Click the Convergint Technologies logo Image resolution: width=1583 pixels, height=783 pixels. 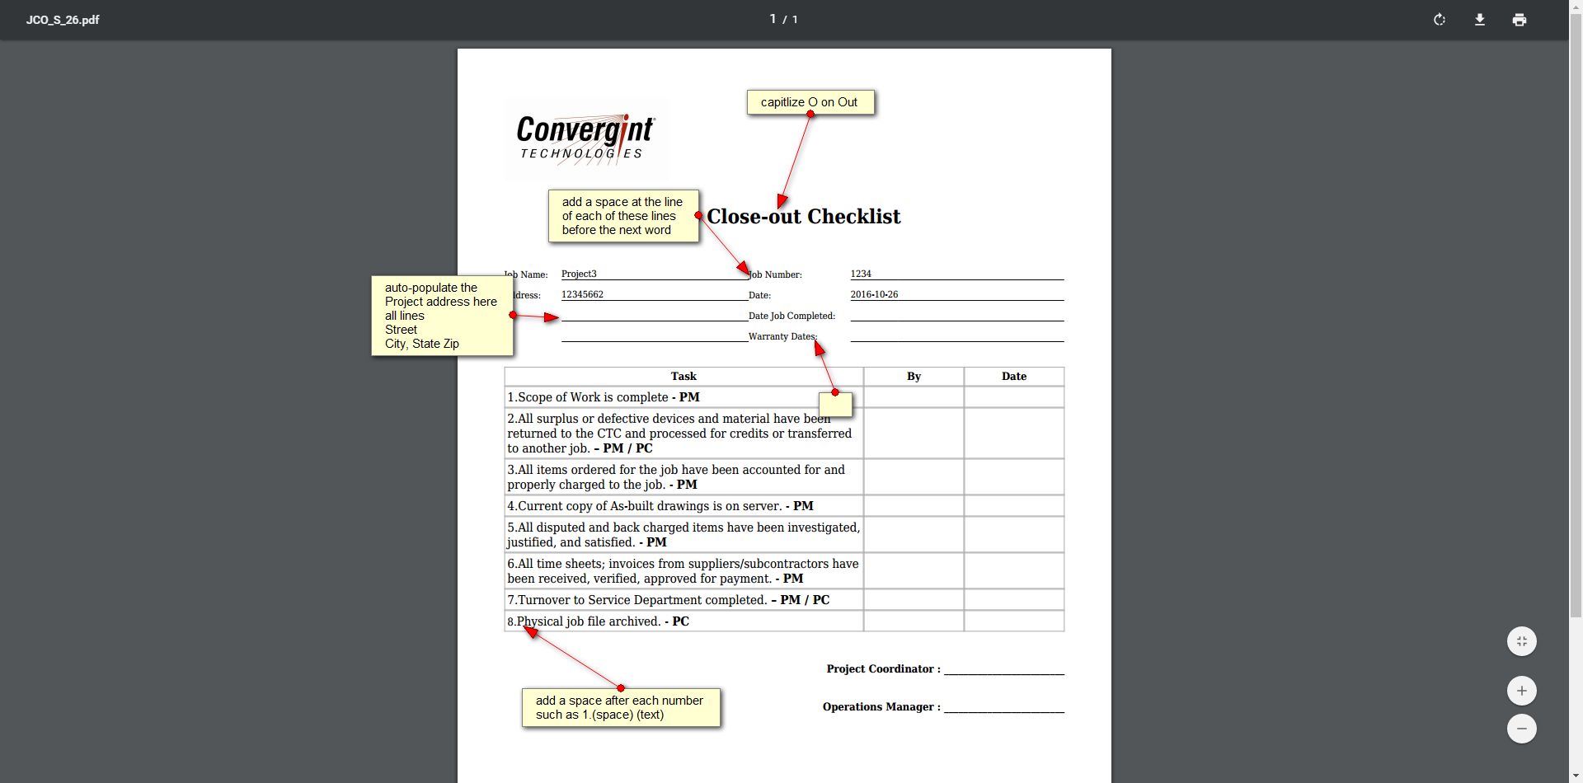tap(585, 138)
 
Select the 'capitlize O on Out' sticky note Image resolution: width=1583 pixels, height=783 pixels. tap(810, 102)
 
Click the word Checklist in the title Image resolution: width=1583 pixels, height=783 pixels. tap(853, 217)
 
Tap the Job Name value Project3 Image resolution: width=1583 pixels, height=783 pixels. tap(579, 274)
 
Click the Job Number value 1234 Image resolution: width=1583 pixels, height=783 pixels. tap(861, 274)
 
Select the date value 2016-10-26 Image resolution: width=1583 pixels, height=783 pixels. tap(874, 294)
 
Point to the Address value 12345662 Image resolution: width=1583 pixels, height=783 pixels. tap(582, 294)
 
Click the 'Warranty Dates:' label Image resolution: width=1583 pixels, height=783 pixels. tap(782, 336)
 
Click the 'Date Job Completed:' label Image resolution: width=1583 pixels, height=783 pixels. tap(791, 316)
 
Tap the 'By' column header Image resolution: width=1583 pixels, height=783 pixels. tap(914, 377)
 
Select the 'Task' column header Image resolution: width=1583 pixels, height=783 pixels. tap(683, 377)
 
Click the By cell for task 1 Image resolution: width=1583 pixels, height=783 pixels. tap(914, 397)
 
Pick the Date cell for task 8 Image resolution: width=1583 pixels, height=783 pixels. tap(1014, 621)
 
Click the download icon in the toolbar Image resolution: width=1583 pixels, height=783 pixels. tap(1480, 20)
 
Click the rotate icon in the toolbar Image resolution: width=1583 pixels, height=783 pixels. tap(1440, 20)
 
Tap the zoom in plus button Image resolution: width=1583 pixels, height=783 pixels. tap(1522, 691)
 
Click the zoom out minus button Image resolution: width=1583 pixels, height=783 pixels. tap(1522, 729)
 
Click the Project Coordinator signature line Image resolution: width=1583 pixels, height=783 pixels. tap(1004, 669)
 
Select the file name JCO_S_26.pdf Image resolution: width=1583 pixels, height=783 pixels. tap(63, 20)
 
